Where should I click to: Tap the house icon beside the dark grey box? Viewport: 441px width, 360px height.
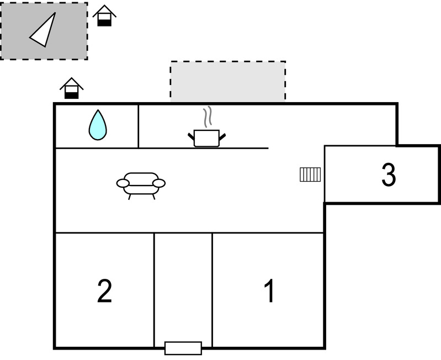(104, 16)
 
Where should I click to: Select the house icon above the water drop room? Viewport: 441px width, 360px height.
(71, 88)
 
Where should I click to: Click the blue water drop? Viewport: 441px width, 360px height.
(98, 125)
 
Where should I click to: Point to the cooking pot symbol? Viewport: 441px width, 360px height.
(207, 138)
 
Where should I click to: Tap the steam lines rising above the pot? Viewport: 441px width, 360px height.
(208, 117)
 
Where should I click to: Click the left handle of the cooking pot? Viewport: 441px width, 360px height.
(192, 136)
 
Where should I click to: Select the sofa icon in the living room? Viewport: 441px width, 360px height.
(141, 184)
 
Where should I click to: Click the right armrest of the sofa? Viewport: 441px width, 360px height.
(159, 183)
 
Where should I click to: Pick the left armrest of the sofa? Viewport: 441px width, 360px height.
(123, 183)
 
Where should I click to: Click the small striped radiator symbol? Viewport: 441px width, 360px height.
(310, 174)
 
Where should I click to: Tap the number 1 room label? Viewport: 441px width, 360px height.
(269, 291)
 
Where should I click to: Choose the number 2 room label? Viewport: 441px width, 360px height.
(105, 291)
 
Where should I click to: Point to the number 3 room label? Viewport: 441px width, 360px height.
(389, 175)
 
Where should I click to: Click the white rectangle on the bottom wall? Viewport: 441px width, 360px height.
(183, 348)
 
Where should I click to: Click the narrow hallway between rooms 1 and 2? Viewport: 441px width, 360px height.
(183, 287)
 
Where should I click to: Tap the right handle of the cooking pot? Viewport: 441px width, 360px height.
(222, 136)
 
